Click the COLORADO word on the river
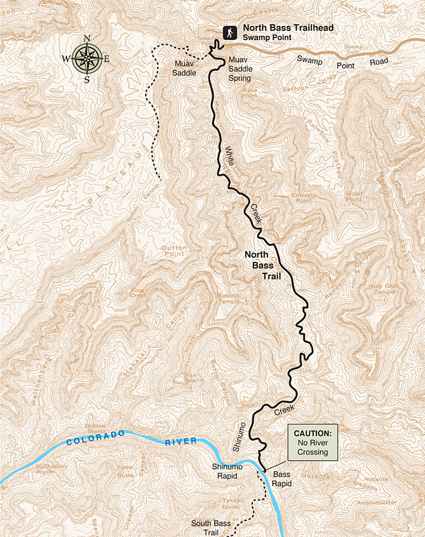[x=95, y=438]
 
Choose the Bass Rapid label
[x=282, y=478]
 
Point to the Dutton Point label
[x=174, y=251]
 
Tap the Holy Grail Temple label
[x=383, y=288]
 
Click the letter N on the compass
[x=87, y=38]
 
